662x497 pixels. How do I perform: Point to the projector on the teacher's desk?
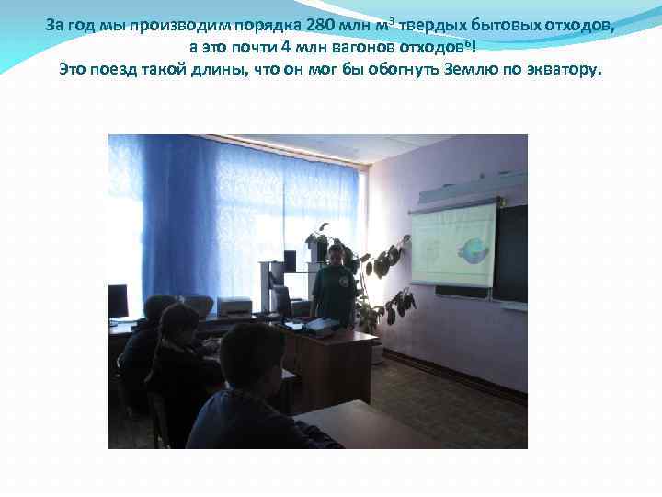[321, 324]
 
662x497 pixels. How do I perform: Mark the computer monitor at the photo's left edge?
[118, 302]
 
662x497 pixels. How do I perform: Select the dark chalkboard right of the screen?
[511, 253]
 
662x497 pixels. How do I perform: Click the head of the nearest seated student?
[251, 356]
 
